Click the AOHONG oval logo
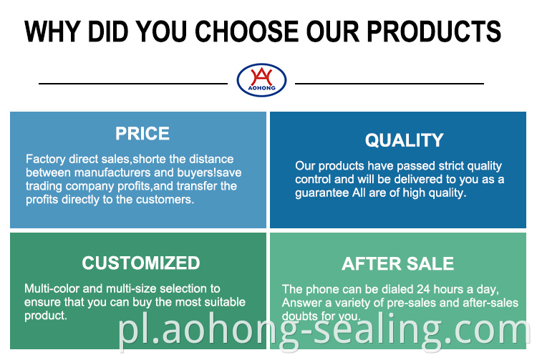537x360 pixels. coord(261,79)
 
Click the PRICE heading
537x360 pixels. coord(142,133)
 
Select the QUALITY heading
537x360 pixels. coord(404,140)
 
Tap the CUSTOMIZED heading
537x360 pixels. coord(141,263)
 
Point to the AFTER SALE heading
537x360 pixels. coord(397,263)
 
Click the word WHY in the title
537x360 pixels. coord(52,31)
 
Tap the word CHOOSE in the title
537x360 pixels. coord(246,31)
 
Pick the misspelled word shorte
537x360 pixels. coord(150,159)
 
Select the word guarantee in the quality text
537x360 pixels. coord(322,193)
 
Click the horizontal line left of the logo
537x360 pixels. coord(133,83)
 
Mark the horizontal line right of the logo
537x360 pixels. coord(390,83)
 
